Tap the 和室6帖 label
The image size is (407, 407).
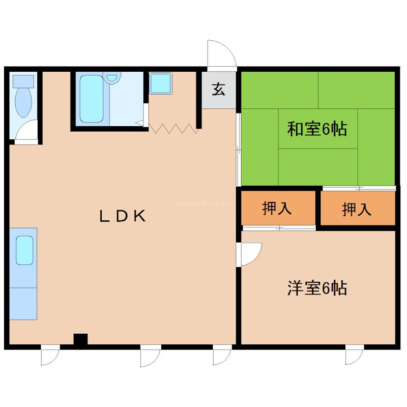pyautogui.click(x=317, y=129)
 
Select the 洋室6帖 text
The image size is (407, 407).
pyautogui.click(x=317, y=288)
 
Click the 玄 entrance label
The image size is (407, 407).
pyautogui.click(x=219, y=90)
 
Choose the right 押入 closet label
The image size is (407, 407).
pyautogui.click(x=357, y=209)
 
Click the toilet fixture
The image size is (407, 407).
pyautogui.click(x=23, y=99)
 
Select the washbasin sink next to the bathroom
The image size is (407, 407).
pyautogui.click(x=161, y=83)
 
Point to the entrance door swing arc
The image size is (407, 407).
pyautogui.click(x=221, y=53)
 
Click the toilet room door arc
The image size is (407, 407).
pyautogui.click(x=26, y=131)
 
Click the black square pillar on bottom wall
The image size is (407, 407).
pyautogui.click(x=80, y=339)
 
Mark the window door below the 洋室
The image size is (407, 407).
pyautogui.click(x=354, y=355)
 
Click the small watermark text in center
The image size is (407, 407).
pyautogui.click(x=203, y=203)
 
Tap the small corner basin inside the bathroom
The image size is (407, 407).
pyautogui.click(x=112, y=77)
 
